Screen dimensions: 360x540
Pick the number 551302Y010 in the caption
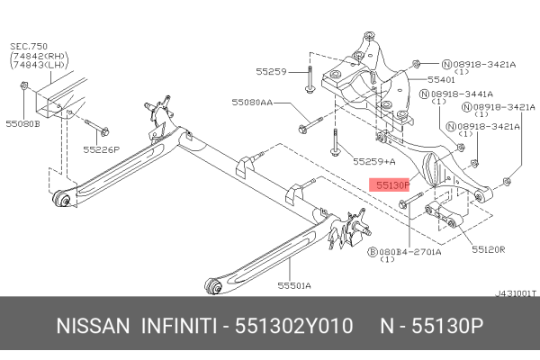293,328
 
